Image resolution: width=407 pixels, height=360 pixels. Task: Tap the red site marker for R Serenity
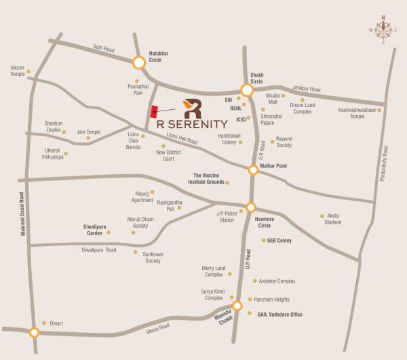pos(154,112)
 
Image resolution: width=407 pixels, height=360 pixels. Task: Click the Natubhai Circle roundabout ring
pos(138,63)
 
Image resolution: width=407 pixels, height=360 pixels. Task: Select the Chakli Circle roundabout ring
pos(247,89)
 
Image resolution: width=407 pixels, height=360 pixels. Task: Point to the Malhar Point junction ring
pos(253,170)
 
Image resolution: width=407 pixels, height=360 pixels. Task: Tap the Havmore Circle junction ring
pos(251,208)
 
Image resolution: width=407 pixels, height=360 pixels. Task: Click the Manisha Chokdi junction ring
pos(237,306)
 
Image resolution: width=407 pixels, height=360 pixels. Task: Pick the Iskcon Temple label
pos(17,71)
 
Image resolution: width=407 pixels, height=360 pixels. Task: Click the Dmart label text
pos(56,323)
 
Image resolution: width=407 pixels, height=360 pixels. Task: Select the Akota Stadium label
pos(332,219)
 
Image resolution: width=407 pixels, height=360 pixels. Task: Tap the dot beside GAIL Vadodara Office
pos(251,313)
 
